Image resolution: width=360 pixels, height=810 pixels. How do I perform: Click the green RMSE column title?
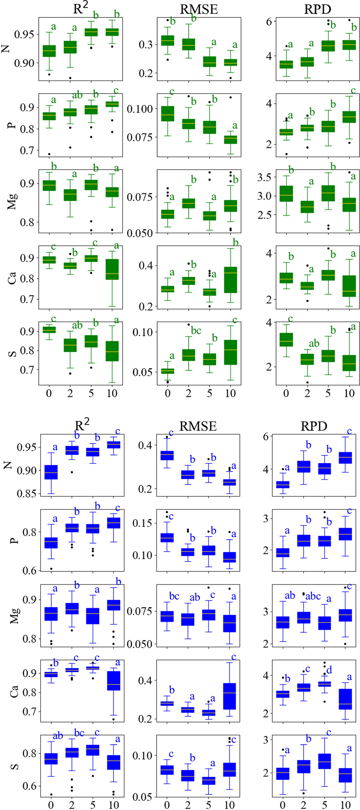pyautogui.click(x=199, y=9)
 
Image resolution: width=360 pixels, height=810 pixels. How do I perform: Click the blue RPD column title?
pyautogui.click(x=314, y=426)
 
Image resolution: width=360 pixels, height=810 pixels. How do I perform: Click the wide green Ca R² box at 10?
pyautogui.click(x=112, y=269)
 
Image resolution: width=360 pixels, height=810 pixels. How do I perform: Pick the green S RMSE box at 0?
pyautogui.click(x=168, y=371)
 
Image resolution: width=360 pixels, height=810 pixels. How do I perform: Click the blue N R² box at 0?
pyautogui.click(x=51, y=472)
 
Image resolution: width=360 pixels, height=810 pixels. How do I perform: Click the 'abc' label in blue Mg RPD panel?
pyautogui.click(x=313, y=596)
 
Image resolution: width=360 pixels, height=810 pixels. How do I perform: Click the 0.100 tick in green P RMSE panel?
pyautogui.click(x=140, y=109)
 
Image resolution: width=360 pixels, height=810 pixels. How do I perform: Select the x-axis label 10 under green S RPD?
pyautogui.click(x=349, y=393)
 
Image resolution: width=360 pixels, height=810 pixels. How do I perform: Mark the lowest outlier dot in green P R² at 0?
pyautogui.click(x=49, y=154)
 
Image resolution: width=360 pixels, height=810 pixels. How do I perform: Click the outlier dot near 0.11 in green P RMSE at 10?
pyautogui.click(x=230, y=98)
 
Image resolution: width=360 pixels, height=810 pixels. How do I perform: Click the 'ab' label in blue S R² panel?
pyautogui.click(x=58, y=736)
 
